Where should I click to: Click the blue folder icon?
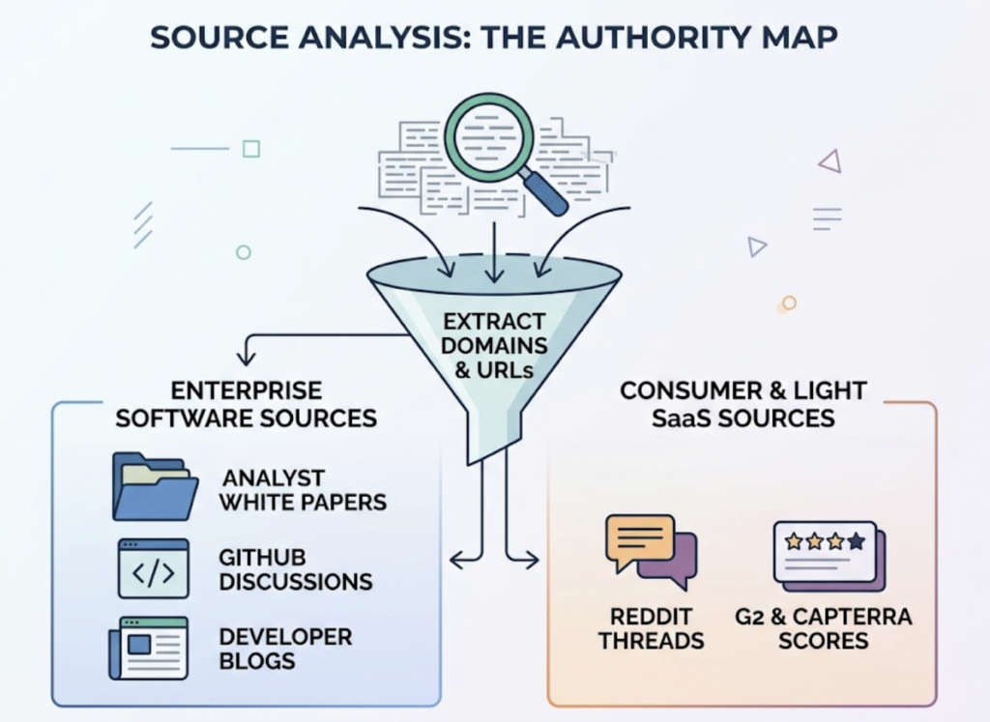point(156,486)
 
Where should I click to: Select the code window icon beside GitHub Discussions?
point(154,568)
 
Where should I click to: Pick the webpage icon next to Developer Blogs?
point(148,648)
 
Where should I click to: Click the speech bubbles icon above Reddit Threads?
point(651,552)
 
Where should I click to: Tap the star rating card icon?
point(829,556)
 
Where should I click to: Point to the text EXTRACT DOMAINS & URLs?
point(494,346)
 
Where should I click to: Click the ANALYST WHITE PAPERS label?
point(303,490)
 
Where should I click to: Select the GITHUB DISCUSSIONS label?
point(296,569)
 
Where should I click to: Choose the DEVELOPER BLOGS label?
point(285,649)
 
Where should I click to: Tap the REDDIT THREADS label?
point(651,628)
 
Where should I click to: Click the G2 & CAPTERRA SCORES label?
point(824,628)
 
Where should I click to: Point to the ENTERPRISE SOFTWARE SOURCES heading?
point(247,405)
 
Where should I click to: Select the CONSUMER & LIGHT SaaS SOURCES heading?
point(743,405)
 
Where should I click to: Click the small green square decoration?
point(251,149)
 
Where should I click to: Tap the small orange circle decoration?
point(789,303)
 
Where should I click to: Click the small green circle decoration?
point(243,252)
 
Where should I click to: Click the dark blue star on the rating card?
point(857,541)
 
